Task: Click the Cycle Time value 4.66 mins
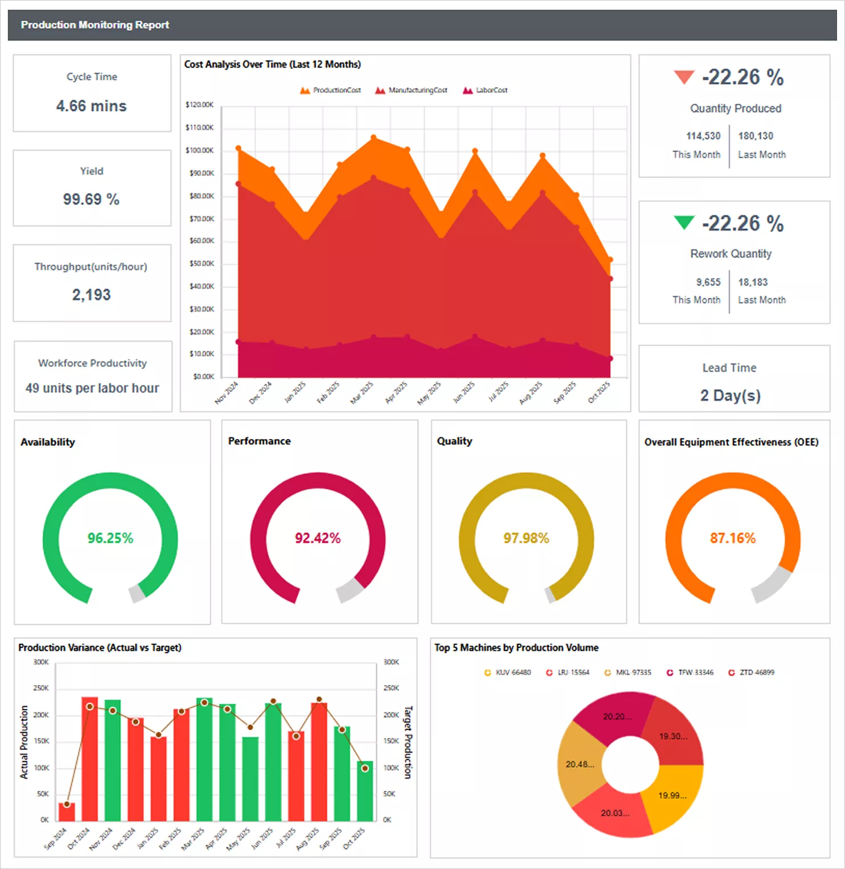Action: [91, 106]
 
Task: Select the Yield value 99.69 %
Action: [91, 199]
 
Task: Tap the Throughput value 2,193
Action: [91, 294]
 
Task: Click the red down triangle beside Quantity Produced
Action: [684, 77]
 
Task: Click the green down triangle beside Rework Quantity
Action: [684, 223]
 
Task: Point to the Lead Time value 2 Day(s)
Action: [730, 395]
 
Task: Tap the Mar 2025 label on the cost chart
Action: [362, 392]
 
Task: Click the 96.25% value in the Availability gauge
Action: [110, 538]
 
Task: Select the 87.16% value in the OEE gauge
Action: [732, 538]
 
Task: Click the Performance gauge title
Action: [259, 441]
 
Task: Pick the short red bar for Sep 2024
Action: [67, 811]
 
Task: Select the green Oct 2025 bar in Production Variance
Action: [365, 792]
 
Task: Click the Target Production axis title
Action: [408, 742]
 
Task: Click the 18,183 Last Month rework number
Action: [753, 282]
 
